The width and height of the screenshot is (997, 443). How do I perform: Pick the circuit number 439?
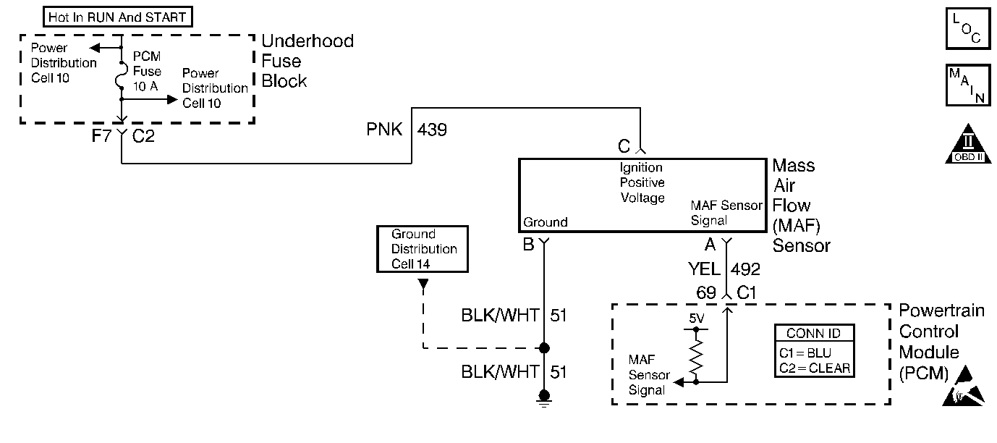pos(432,130)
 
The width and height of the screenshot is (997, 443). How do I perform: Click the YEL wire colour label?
pos(704,269)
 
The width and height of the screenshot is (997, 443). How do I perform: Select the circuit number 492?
pos(746,269)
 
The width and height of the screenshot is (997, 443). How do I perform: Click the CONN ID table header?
pos(813,334)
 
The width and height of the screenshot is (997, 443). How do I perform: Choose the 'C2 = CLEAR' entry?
pos(813,368)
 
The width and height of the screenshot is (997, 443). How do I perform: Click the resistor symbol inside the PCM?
pos(696,354)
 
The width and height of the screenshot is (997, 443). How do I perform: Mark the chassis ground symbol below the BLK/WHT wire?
pos(543,397)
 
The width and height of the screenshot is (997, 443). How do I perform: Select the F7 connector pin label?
pos(101,135)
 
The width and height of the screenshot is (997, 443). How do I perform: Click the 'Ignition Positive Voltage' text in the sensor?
pos(642,182)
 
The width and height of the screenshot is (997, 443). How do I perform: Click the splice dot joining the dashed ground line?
pos(543,347)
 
